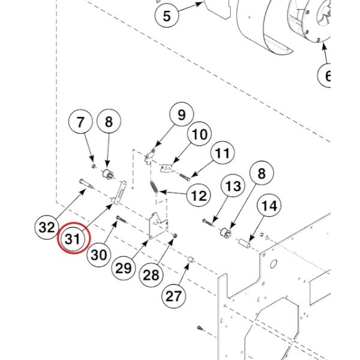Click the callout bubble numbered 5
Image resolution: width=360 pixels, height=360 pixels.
(167, 16)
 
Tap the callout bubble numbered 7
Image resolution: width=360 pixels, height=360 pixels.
(80, 122)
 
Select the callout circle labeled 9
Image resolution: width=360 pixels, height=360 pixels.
(181, 114)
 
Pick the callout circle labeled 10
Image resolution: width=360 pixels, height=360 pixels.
(199, 134)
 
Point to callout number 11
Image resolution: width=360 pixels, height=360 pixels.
(222, 152)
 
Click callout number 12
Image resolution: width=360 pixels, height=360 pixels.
(199, 196)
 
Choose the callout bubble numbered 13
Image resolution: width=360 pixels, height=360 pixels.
(233, 185)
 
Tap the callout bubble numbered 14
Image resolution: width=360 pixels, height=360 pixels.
(269, 205)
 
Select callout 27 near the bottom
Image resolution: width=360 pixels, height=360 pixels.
(173, 296)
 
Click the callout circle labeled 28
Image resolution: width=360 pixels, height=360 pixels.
(151, 275)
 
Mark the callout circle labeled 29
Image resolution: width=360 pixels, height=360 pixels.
(124, 268)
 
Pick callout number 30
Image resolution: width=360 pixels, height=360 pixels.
(99, 254)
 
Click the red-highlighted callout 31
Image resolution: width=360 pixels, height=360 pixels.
(73, 239)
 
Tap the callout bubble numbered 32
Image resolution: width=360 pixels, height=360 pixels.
(47, 227)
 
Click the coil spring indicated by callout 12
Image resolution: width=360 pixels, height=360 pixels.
(154, 187)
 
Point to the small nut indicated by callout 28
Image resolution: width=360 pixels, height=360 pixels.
(175, 235)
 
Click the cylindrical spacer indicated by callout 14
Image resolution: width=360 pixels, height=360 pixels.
(244, 242)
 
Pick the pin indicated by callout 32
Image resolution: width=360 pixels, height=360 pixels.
(86, 184)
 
